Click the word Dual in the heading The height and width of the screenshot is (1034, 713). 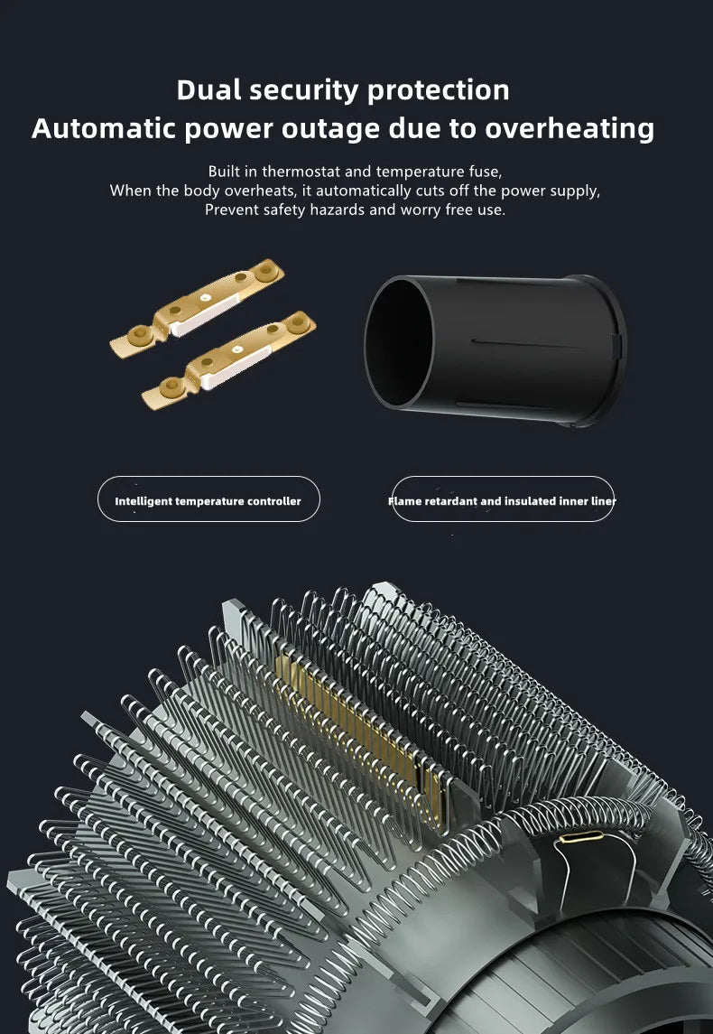point(210,90)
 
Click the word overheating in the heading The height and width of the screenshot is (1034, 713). point(569,128)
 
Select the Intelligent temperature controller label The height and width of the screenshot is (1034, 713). point(208,500)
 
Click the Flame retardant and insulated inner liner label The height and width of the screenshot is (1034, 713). point(503,500)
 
